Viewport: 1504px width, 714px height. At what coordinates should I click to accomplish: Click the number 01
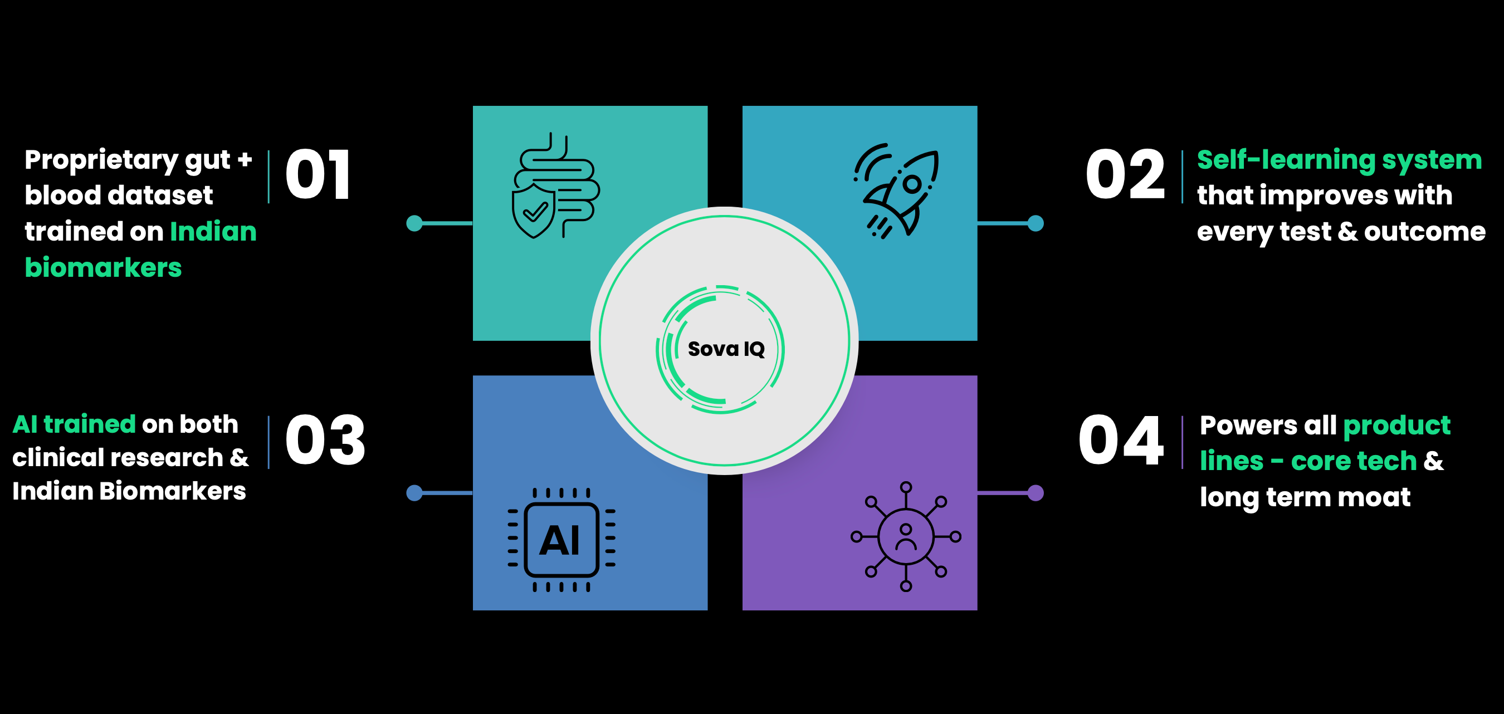(x=318, y=174)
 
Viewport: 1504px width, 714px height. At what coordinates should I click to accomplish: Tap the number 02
(x=1125, y=174)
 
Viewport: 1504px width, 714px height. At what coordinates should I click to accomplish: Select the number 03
(x=325, y=440)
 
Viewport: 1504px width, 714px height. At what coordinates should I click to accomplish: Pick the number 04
(x=1120, y=440)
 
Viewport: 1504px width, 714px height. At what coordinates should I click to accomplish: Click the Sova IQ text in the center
(x=726, y=349)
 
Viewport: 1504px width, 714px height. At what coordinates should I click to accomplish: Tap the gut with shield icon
(x=555, y=185)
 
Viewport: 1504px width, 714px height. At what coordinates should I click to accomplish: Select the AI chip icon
(x=561, y=540)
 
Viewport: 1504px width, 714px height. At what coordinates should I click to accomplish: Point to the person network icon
(x=906, y=536)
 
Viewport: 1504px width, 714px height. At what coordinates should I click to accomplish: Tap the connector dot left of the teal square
(x=414, y=223)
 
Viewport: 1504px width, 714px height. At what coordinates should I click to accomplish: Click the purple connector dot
(x=1035, y=493)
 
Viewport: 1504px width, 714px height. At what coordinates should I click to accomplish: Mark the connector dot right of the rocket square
(x=1035, y=223)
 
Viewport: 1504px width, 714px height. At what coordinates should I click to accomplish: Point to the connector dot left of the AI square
(x=414, y=493)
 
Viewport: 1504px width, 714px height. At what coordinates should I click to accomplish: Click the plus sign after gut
(x=245, y=159)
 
